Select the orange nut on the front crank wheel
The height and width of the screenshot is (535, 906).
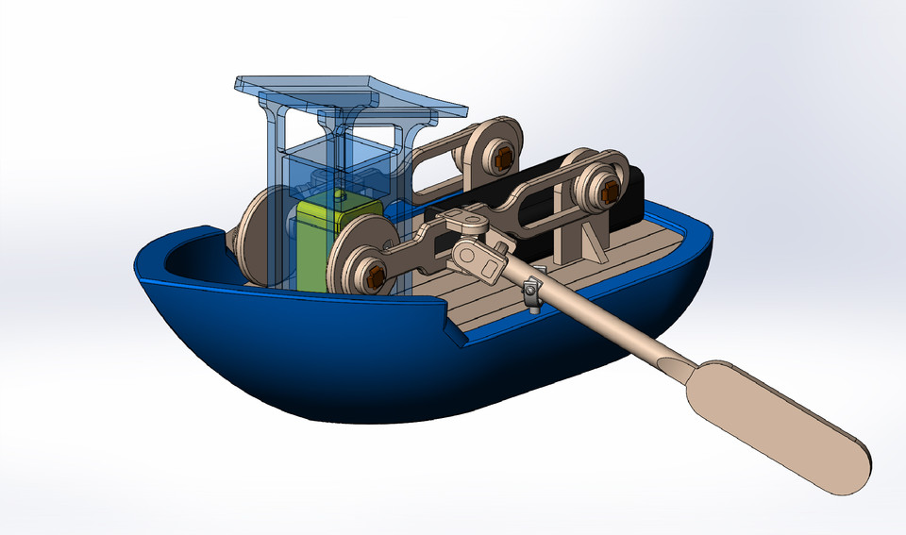point(376,276)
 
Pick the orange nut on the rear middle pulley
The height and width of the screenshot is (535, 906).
point(501,159)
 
